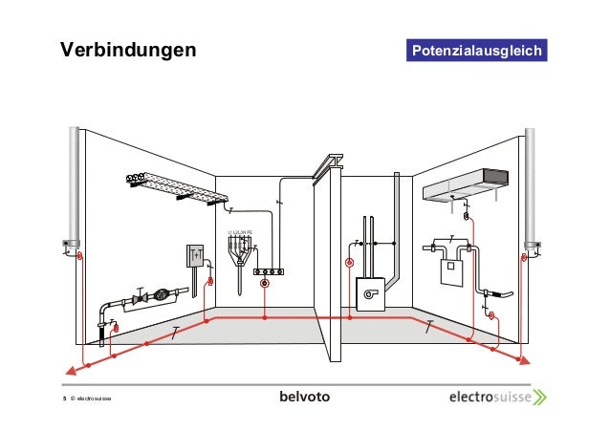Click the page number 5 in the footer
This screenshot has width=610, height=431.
pos(64,400)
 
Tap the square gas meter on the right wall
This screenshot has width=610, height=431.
pos(448,271)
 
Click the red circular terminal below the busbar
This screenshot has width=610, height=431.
pos(265,284)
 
